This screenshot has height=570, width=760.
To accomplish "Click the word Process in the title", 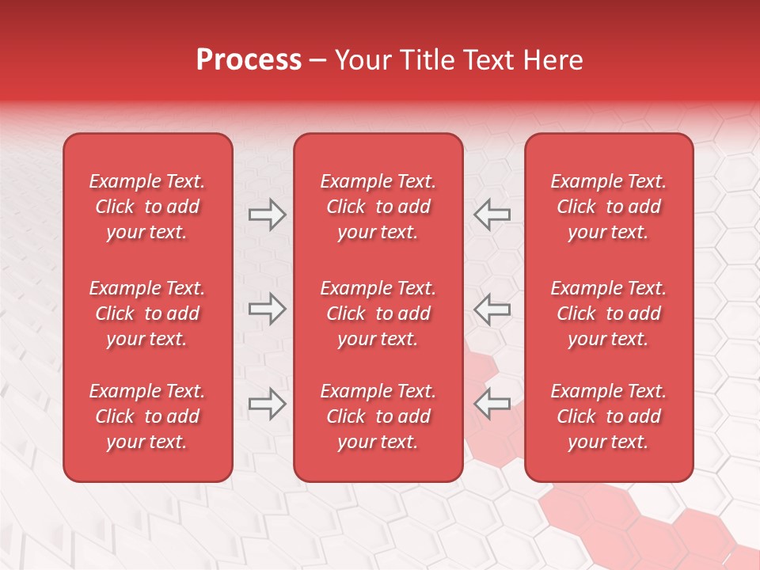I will pyautogui.click(x=249, y=60).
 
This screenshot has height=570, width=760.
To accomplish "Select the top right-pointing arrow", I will pyautogui.click(x=268, y=215).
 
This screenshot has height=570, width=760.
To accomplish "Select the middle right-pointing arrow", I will pyautogui.click(x=268, y=309).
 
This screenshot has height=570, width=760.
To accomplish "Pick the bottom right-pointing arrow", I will pyautogui.click(x=268, y=404).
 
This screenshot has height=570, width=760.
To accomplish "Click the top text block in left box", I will pyautogui.click(x=147, y=207).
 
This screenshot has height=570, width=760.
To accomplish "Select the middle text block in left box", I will pyautogui.click(x=147, y=313).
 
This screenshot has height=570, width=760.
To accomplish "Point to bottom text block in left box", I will pyautogui.click(x=147, y=416).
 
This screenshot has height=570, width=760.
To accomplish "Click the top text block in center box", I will pyautogui.click(x=378, y=207).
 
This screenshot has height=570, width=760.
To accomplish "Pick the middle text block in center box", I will pyautogui.click(x=378, y=313).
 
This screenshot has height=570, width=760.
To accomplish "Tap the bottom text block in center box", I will pyautogui.click(x=378, y=416).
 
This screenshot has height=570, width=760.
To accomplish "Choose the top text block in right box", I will pyautogui.click(x=609, y=207).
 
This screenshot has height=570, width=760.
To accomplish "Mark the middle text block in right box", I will pyautogui.click(x=609, y=313).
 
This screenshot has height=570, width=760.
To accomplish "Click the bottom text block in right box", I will pyautogui.click(x=609, y=416).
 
